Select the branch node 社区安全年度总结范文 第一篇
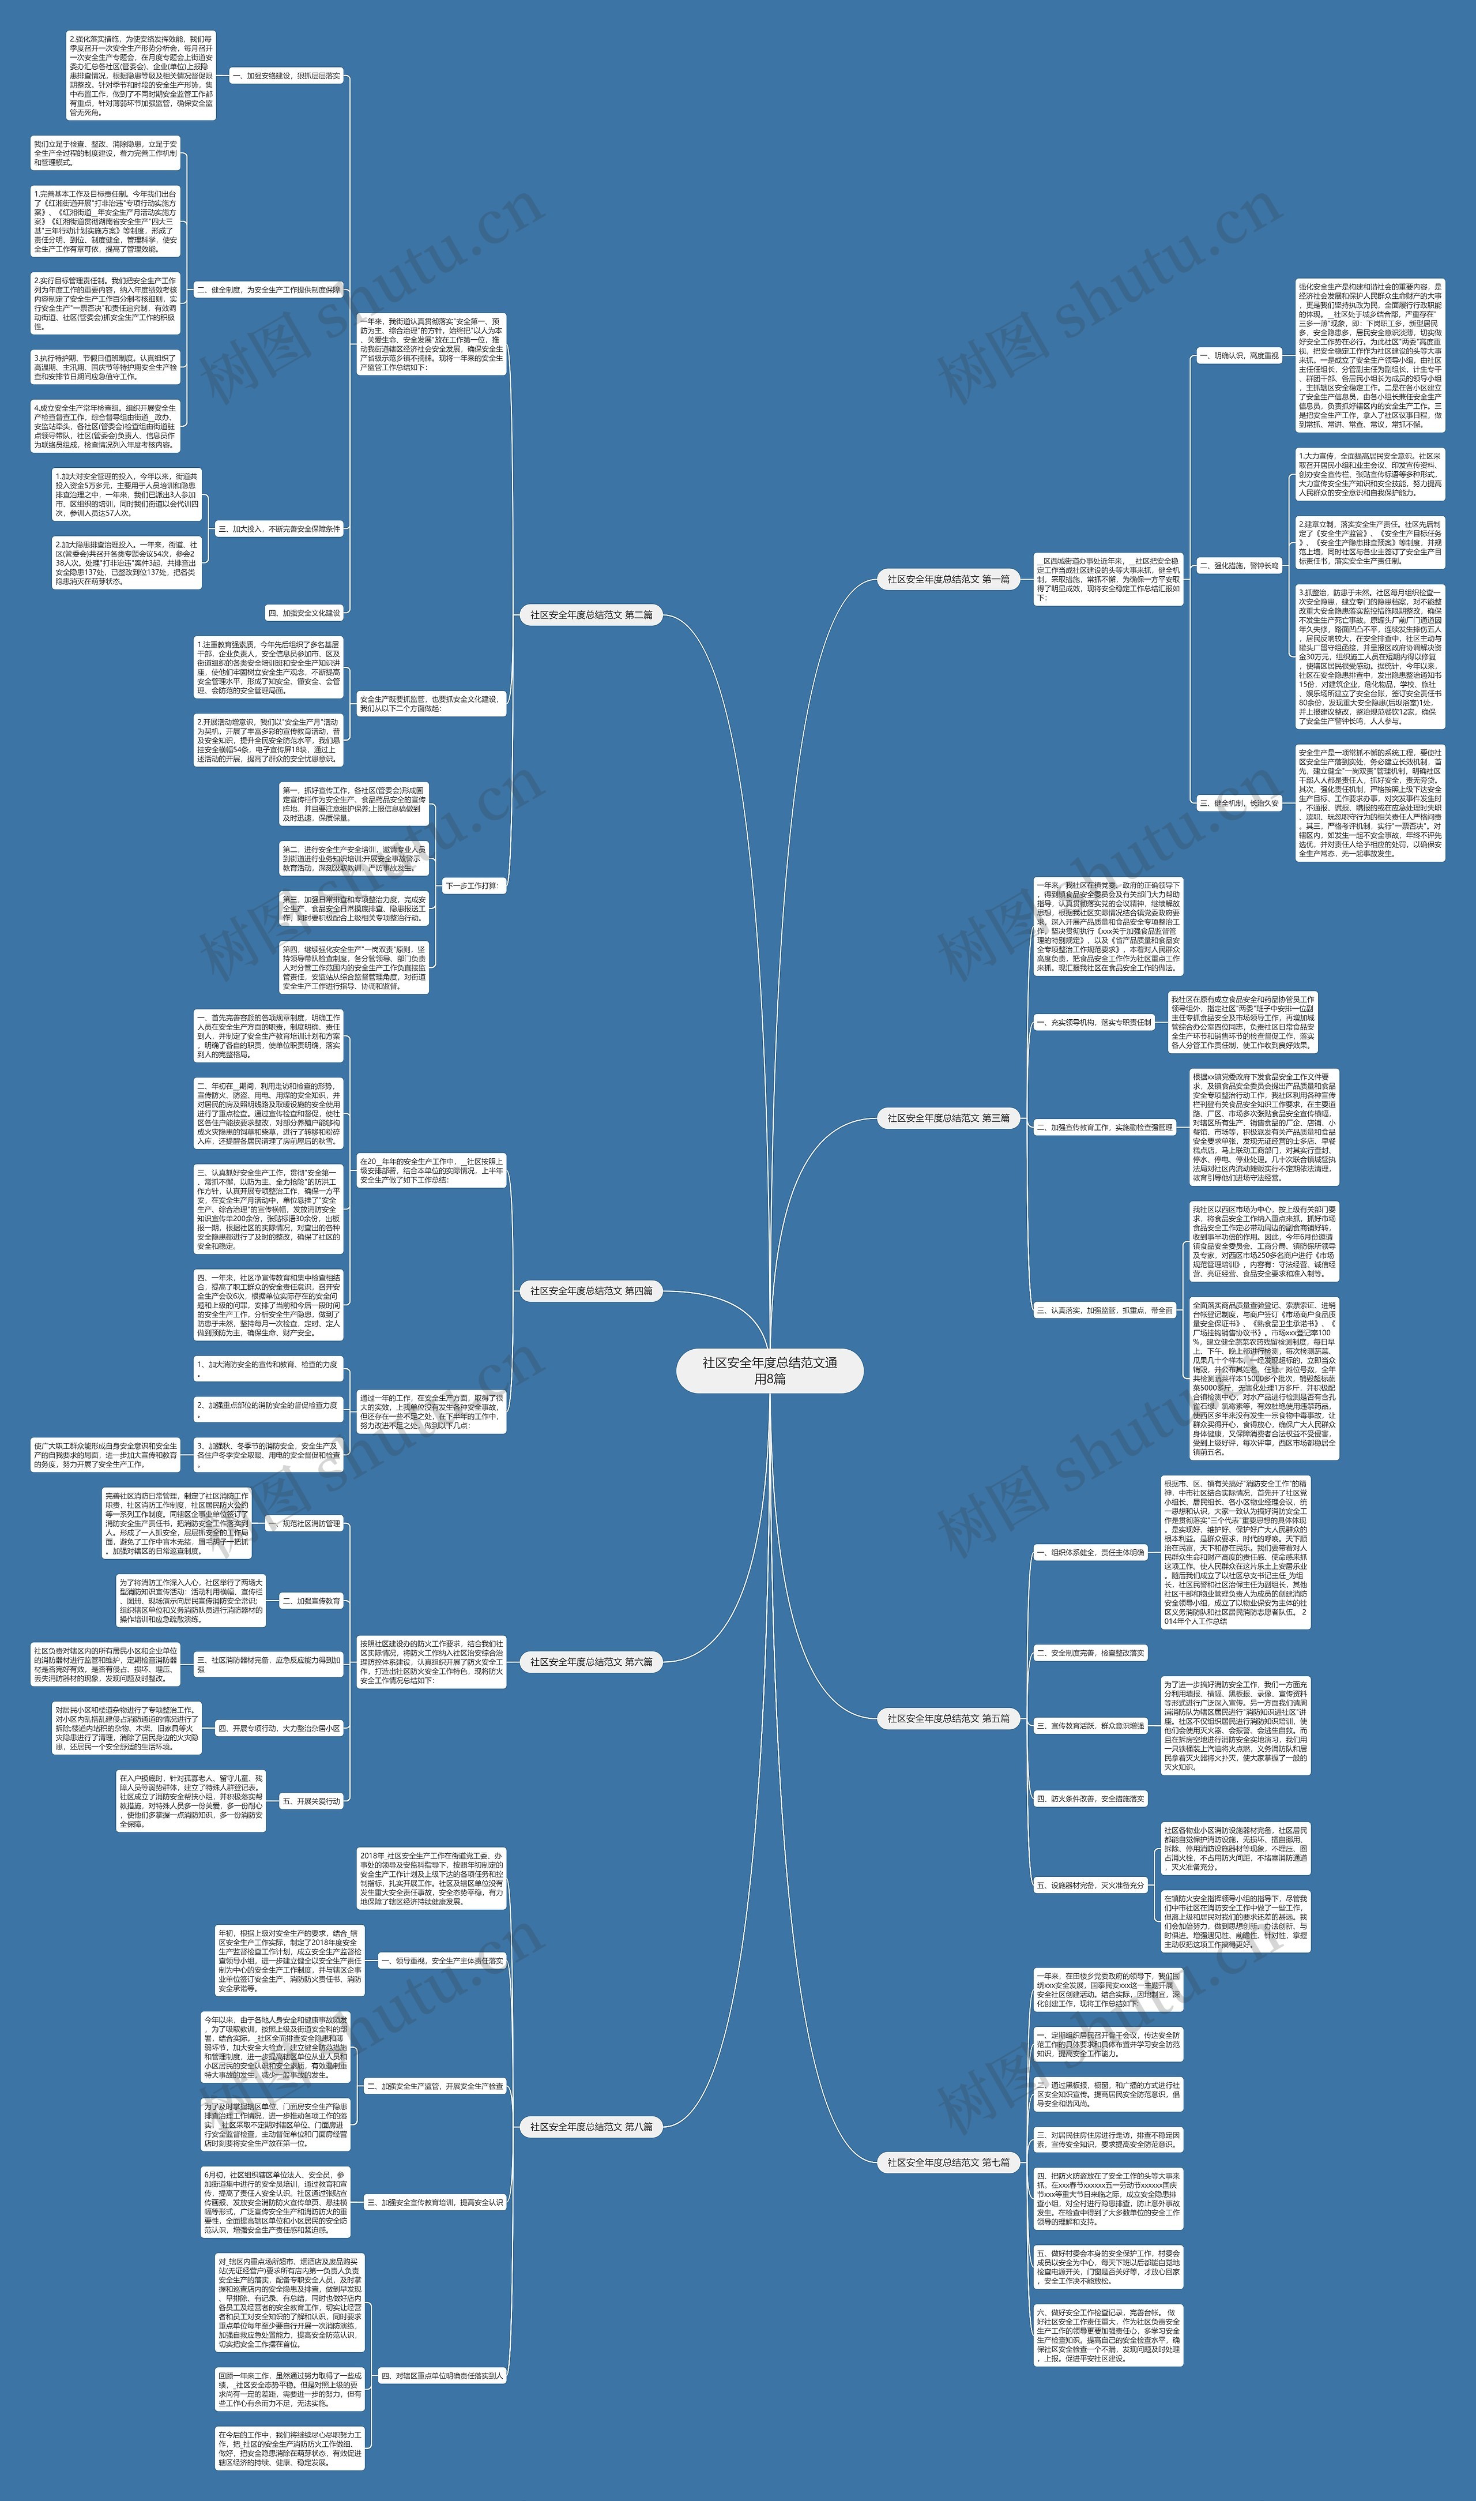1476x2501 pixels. point(948,579)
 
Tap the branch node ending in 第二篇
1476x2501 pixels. point(591,615)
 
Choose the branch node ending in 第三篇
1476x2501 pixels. point(948,1118)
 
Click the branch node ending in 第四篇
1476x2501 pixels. point(591,1291)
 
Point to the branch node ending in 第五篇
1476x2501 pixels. point(948,1718)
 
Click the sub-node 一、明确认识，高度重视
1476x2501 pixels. point(1238,355)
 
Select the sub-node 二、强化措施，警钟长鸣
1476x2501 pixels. point(1238,565)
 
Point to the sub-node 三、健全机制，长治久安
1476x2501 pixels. point(1238,803)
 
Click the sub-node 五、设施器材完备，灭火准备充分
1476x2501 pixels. point(1090,1885)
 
